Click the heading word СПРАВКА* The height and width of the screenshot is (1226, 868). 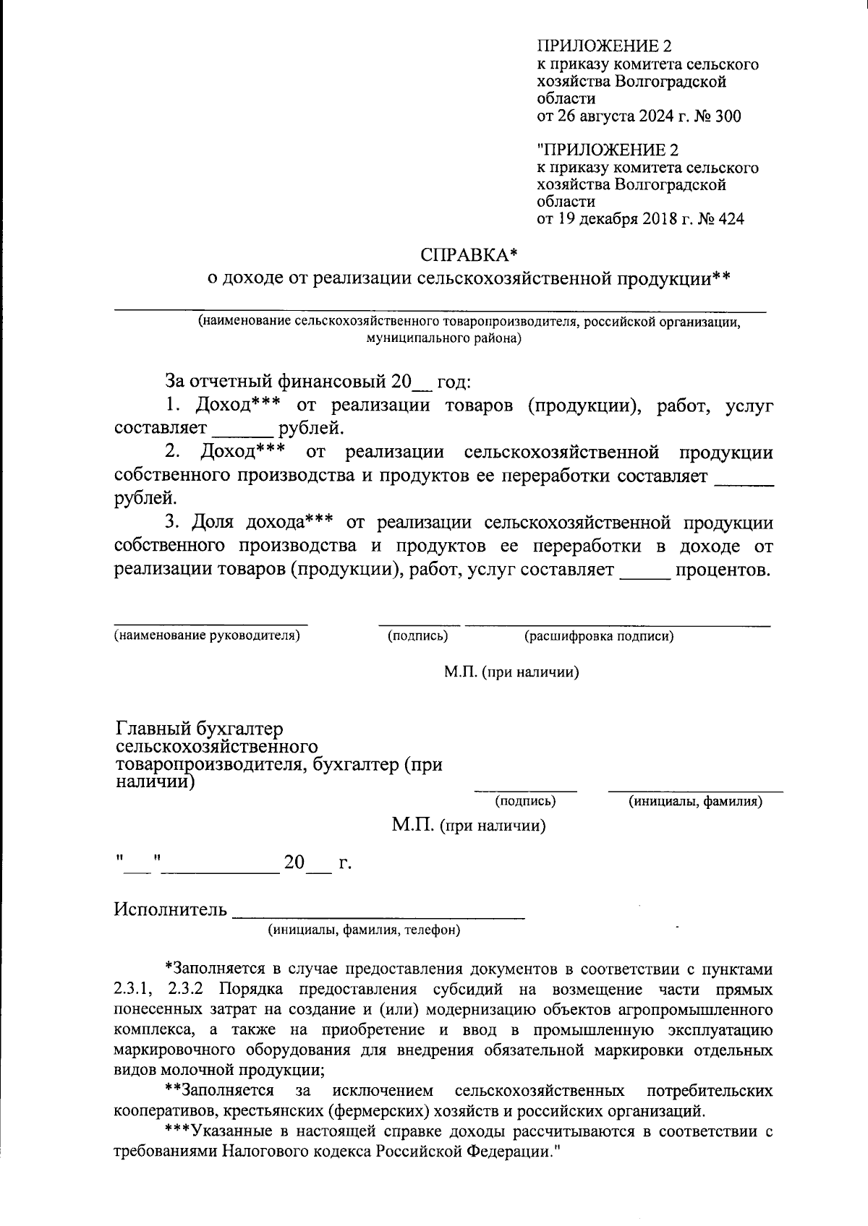469,255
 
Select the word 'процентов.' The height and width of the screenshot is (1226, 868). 723,570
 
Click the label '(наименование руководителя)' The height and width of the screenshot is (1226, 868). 206,636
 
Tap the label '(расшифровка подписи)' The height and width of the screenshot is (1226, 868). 599,636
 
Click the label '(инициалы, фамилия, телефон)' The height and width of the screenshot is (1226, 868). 365,930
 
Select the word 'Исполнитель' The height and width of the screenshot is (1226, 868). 170,909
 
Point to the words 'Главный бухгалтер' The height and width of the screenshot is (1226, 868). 200,729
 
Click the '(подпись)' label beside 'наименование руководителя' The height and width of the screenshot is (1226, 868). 418,636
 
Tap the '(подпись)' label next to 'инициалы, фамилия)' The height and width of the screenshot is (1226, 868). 525,801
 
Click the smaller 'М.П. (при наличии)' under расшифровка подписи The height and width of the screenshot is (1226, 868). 511,672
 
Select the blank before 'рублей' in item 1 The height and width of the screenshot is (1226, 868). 243,430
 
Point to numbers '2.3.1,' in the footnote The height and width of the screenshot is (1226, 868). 135,989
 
